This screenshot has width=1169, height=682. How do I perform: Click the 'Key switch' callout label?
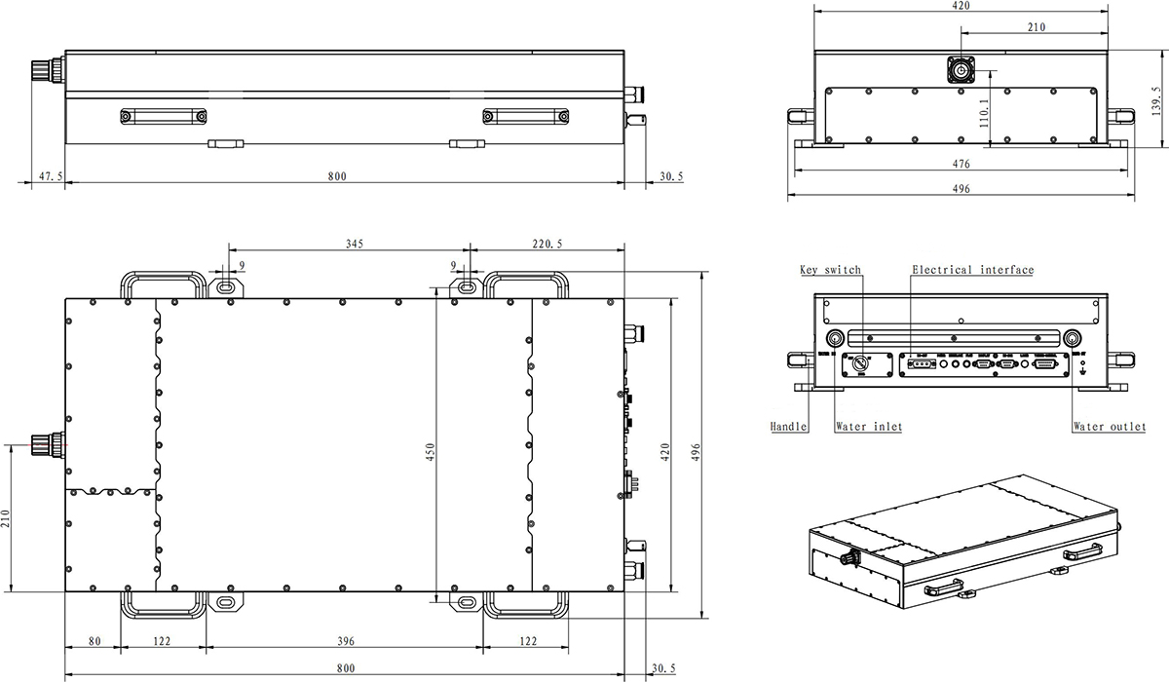(x=830, y=270)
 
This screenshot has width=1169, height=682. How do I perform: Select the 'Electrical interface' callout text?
(x=972, y=270)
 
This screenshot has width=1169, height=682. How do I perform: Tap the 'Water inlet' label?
(x=869, y=427)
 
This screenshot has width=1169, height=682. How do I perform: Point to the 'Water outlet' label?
(x=1109, y=427)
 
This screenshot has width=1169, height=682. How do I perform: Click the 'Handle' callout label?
(x=788, y=427)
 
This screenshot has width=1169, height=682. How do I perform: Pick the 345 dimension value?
(x=354, y=245)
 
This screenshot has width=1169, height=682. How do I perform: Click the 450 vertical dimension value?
(x=430, y=453)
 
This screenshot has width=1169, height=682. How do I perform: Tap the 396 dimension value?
(x=344, y=641)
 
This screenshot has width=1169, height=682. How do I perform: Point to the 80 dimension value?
(x=94, y=641)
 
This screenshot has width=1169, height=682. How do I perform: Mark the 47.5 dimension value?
(x=52, y=176)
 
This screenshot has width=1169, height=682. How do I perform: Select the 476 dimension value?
(x=961, y=165)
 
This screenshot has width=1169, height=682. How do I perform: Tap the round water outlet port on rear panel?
(x=1073, y=338)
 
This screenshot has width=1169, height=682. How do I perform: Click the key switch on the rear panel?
(x=861, y=363)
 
